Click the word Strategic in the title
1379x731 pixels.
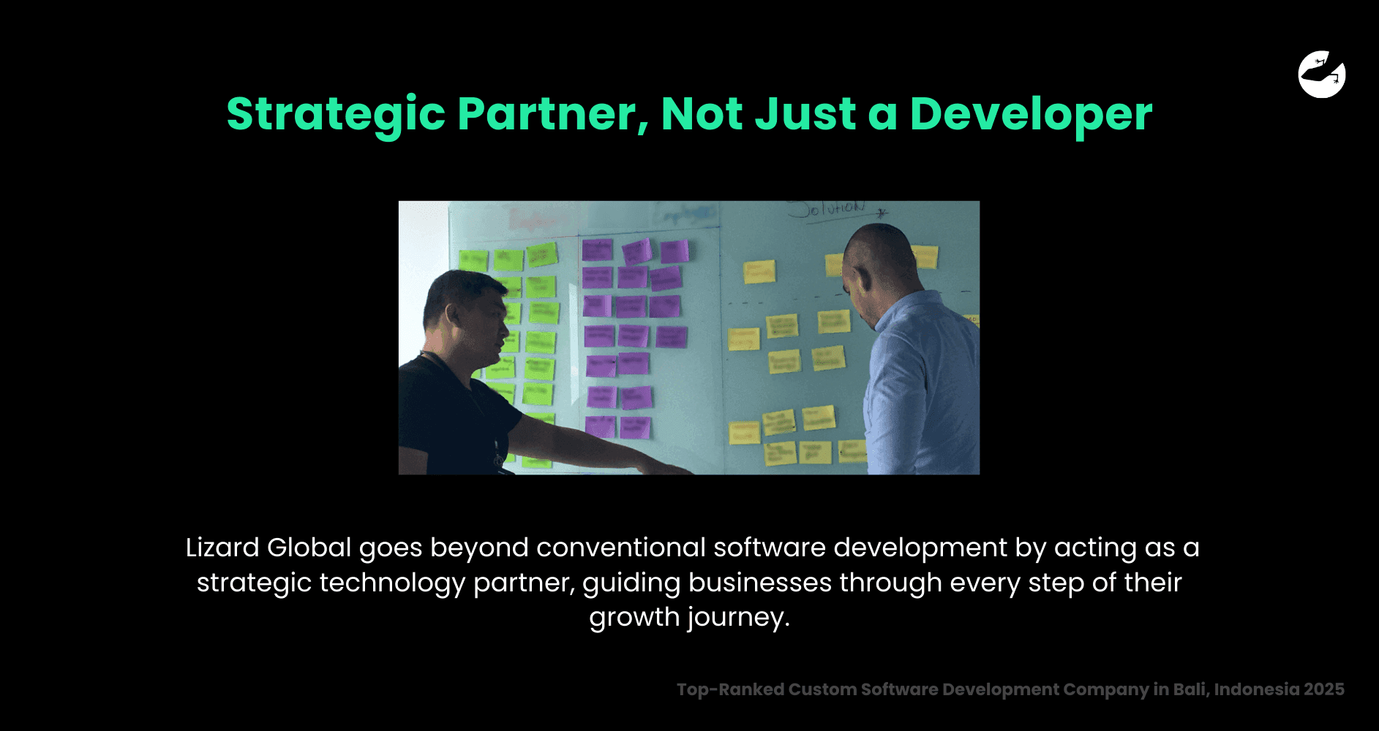(x=335, y=114)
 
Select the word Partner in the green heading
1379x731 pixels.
(x=552, y=114)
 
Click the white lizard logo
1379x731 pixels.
(x=1321, y=74)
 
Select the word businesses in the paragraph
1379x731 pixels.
(x=759, y=583)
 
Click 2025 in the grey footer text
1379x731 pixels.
(x=1323, y=689)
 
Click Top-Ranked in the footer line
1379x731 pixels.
(x=729, y=689)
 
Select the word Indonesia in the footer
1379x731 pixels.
(x=1256, y=689)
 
